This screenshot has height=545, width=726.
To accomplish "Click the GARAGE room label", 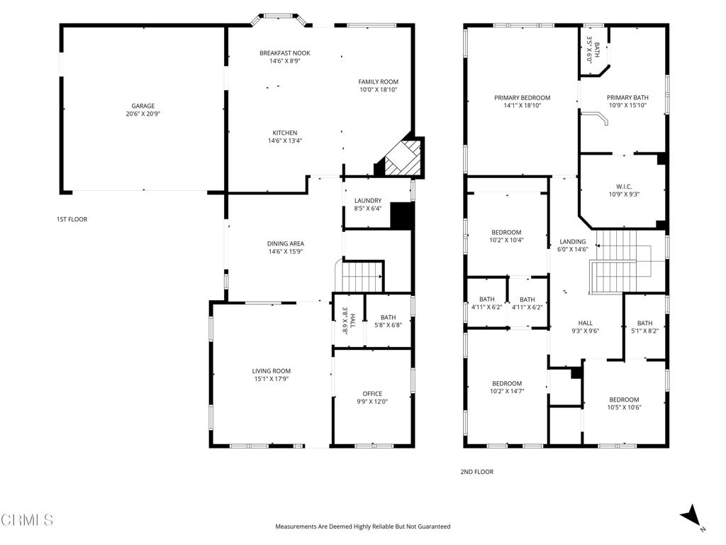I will click(x=143, y=106).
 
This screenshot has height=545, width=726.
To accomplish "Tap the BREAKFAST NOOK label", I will click(x=284, y=53).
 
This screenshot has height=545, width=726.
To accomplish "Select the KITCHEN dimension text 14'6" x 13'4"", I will click(x=284, y=141).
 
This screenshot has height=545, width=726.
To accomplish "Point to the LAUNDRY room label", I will click(x=368, y=201).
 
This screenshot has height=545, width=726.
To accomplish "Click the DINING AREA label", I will click(x=286, y=243).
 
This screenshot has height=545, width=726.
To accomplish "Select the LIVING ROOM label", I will click(x=271, y=371).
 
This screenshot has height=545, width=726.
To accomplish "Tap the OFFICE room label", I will click(x=372, y=394).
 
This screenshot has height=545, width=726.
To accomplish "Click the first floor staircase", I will click(x=362, y=276).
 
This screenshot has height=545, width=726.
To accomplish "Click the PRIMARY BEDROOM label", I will click(x=522, y=98).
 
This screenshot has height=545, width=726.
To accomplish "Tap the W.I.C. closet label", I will click(x=623, y=186).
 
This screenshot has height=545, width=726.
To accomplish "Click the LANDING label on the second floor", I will click(x=573, y=242).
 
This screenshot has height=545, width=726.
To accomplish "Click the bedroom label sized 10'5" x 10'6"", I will click(x=623, y=400).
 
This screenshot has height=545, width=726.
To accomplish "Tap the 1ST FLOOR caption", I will click(x=72, y=220).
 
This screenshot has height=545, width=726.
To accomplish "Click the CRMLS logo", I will click(x=27, y=520).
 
